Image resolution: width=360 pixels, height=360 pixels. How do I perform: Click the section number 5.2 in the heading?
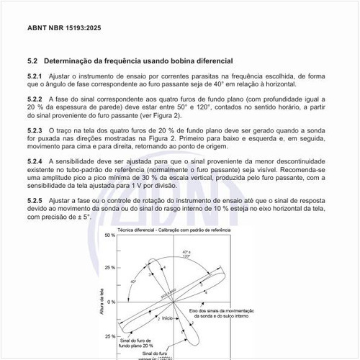pos(31,60)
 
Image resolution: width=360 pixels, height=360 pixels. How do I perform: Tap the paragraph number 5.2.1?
pos(34,76)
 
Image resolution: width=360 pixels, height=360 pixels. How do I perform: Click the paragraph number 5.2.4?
pos(34,160)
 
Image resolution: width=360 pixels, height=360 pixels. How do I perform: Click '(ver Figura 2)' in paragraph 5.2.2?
pos(159,114)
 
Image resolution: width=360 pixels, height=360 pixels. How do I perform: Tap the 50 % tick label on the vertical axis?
pos(109,235)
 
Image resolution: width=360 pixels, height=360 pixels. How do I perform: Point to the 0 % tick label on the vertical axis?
pos(111,302)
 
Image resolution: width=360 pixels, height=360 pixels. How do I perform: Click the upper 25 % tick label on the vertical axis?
pos(109,269)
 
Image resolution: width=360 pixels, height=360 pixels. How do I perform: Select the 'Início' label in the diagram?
pos(168,318)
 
